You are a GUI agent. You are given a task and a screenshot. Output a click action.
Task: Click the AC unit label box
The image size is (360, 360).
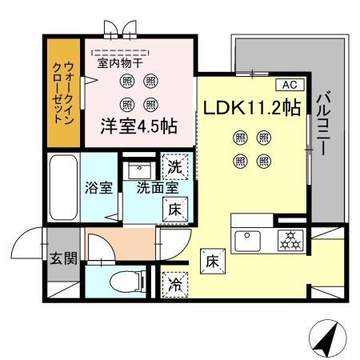(288, 84)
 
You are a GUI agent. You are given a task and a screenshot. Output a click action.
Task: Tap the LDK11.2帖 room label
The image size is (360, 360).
(251, 108)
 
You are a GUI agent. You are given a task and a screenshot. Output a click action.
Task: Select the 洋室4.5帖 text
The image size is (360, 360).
(138, 126)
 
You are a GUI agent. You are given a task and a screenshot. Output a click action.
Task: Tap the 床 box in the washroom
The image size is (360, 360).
(176, 210)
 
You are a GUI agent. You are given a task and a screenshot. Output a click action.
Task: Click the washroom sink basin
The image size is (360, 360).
(142, 170)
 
